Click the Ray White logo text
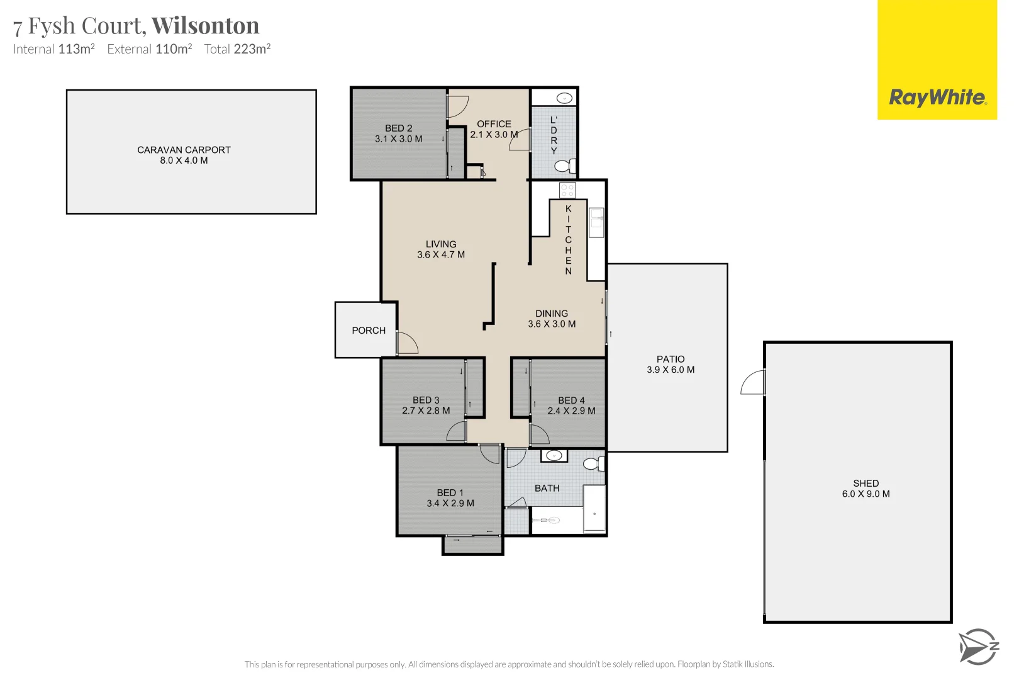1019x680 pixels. pos(937,98)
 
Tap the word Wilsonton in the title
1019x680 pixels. pos(205,26)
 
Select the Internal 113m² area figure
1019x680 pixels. pos(54,49)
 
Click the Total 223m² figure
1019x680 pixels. pos(237,49)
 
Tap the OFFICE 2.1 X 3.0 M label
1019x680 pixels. pos(494,129)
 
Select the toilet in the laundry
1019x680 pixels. pos(564,166)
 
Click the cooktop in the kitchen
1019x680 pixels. pos(567,190)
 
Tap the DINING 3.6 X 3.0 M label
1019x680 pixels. pos(552,319)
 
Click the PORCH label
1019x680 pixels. pos(369,331)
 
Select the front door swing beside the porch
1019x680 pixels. pos(406,343)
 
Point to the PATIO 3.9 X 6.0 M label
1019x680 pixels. pos(671,364)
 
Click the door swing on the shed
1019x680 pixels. pos(754,383)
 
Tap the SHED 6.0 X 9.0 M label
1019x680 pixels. pos(866,489)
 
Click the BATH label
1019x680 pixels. pos(547,488)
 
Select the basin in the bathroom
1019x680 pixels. pos(554,455)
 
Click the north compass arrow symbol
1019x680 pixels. pos(977,647)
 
